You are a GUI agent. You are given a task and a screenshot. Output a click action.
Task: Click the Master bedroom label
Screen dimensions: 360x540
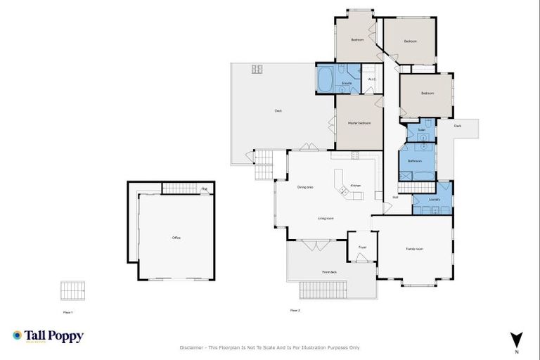[359, 123]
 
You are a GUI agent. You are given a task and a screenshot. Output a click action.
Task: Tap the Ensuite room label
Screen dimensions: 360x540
[347, 84]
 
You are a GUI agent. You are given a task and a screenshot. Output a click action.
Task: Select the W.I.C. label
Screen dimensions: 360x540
[372, 79]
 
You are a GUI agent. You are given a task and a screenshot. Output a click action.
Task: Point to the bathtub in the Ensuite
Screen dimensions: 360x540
[326, 79]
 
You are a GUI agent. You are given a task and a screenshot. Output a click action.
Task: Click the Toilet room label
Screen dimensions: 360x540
[421, 130]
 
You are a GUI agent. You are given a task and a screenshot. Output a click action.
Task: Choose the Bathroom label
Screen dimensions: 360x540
[414, 161]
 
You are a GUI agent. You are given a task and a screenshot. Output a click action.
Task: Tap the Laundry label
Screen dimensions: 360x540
[435, 199]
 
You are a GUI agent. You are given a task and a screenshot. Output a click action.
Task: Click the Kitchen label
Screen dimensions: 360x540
[356, 186]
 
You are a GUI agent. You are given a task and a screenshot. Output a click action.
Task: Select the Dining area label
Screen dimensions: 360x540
[305, 187]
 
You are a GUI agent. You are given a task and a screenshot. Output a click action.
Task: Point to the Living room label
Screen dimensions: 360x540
[325, 219]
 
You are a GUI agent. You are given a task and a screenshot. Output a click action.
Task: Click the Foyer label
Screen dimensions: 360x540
[363, 247]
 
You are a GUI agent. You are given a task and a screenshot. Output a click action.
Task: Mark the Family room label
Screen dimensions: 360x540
[414, 249]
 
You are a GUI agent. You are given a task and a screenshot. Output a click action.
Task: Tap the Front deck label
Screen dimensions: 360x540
[329, 271]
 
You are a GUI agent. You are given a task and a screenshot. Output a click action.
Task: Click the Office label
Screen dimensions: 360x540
[176, 238]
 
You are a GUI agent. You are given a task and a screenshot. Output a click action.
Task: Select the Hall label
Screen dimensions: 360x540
[395, 197]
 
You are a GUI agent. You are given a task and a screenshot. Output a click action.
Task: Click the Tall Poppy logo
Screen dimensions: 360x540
[48, 336]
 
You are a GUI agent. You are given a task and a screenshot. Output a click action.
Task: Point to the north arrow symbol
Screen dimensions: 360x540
[516, 339]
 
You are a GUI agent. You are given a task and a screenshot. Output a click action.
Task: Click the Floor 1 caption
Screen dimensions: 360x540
[67, 311]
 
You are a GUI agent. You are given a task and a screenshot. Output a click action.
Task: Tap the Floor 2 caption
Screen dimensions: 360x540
[295, 310]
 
